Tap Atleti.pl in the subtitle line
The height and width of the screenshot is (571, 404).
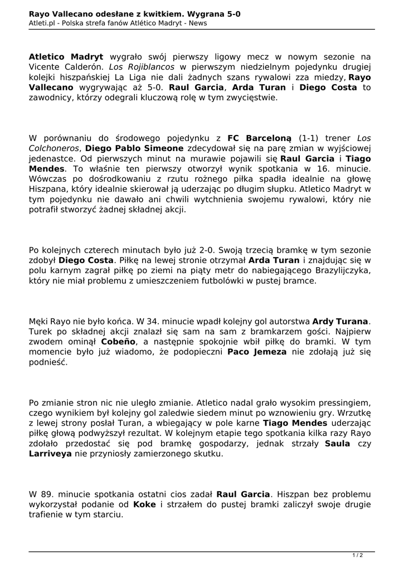coord(42,23)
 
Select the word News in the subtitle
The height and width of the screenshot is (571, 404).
coord(198,23)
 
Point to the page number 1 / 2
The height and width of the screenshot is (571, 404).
coord(358,555)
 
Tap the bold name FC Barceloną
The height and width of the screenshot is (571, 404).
coord(260,138)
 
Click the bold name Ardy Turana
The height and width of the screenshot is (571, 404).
coord(340,322)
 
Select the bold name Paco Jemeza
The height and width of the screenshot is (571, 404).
coord(257,352)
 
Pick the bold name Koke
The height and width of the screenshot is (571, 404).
coord(145,505)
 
